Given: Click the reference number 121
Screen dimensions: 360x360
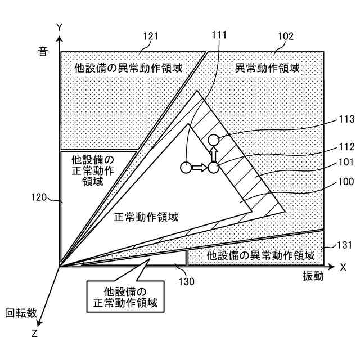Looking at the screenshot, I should tap(150, 37).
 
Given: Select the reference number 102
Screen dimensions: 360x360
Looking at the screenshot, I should tap(286, 37).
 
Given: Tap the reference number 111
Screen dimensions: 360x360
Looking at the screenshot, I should tap(219, 35).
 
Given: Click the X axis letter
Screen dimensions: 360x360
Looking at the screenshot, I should tap(343, 267).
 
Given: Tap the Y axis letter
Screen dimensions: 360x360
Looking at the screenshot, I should tap(58, 26).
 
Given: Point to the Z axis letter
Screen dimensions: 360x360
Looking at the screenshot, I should tap(35, 333).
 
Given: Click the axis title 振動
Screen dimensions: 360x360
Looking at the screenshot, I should tap(313, 276).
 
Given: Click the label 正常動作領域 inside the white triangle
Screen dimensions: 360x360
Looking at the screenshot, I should tap(146, 217).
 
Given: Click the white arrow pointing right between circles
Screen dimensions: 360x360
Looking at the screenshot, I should tap(199, 167).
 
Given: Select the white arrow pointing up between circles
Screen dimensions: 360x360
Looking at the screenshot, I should tap(213, 154).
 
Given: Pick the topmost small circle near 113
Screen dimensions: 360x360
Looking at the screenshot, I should tap(213, 140).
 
